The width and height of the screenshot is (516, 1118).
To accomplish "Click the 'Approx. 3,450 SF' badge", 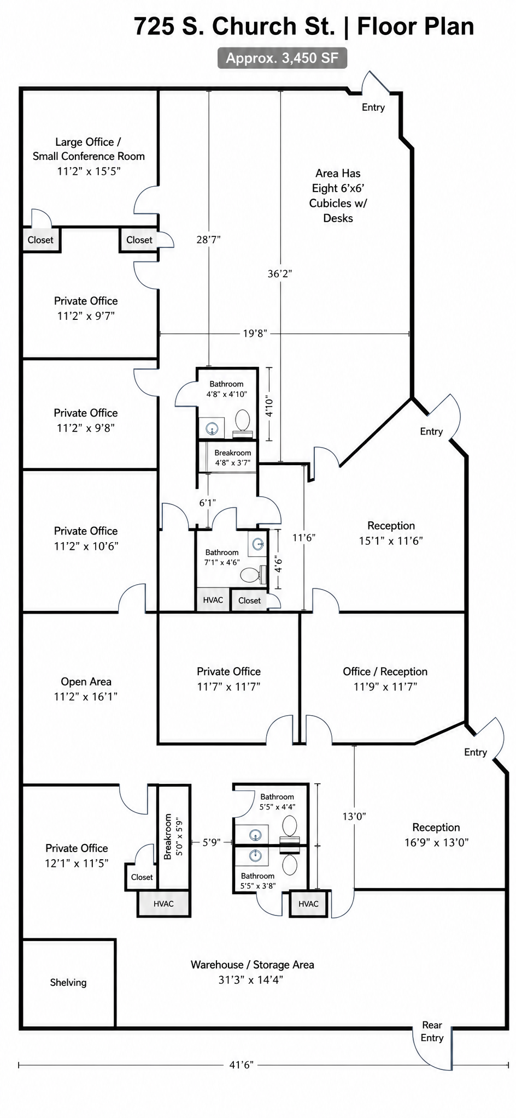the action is (282, 58).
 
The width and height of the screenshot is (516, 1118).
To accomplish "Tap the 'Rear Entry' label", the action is (432, 1031).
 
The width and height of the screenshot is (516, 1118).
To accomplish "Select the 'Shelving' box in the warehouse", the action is (68, 983).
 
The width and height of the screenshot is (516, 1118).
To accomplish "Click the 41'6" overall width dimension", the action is (241, 1065).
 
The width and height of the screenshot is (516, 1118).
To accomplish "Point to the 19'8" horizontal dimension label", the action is (255, 334).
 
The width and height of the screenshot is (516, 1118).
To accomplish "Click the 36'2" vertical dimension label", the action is (280, 273).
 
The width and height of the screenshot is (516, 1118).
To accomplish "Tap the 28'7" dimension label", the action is (208, 239).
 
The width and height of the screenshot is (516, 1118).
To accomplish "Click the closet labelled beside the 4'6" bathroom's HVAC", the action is (249, 600).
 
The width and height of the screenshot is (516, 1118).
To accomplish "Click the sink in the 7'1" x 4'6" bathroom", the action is (259, 544).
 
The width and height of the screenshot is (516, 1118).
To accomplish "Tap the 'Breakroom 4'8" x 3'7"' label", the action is (233, 457).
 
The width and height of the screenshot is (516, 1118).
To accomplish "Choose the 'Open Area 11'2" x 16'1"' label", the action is (86, 689).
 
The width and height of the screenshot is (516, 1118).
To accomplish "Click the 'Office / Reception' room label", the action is (385, 671).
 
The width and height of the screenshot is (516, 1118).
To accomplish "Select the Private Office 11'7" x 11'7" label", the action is (228, 679).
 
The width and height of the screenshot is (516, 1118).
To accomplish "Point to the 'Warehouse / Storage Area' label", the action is (253, 965).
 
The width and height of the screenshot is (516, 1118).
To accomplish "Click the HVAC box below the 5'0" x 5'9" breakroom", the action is (163, 904).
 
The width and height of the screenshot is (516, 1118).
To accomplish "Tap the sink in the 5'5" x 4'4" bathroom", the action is (255, 835).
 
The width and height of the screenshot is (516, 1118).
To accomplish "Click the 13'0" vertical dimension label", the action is (354, 816).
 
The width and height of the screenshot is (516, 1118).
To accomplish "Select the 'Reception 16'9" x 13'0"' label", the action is (436, 835).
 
